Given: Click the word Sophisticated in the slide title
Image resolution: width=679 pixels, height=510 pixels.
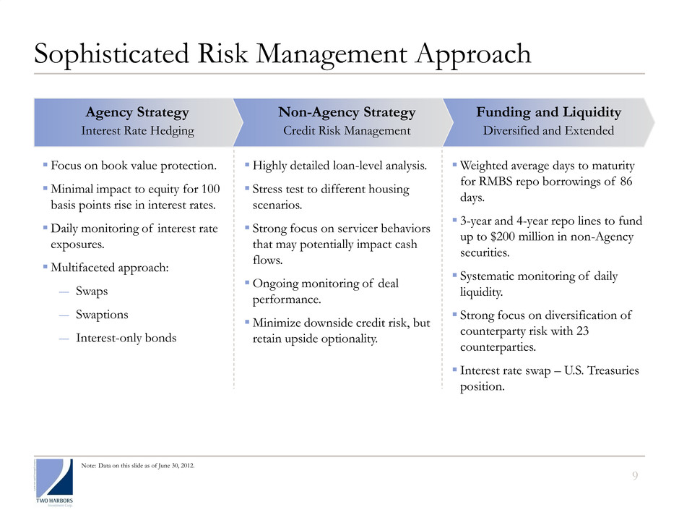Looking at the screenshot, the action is pyautogui.click(x=111, y=55).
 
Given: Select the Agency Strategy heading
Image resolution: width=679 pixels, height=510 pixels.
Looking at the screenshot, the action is pyautogui.click(x=137, y=112).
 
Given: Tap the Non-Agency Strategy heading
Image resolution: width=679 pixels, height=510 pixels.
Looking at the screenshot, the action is pyautogui.click(x=347, y=112).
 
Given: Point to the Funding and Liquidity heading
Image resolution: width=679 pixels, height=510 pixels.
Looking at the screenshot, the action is pyautogui.click(x=549, y=112).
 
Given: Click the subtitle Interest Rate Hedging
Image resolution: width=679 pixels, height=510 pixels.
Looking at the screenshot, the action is pyautogui.click(x=138, y=130).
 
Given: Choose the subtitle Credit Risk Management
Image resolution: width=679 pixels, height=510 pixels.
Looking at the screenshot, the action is pyautogui.click(x=347, y=130).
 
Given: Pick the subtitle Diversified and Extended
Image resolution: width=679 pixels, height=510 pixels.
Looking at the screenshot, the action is pyautogui.click(x=549, y=130).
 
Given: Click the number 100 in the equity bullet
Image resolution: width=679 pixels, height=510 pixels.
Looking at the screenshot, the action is pyautogui.click(x=210, y=189).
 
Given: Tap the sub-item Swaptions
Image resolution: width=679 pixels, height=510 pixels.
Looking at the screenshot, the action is pyautogui.click(x=102, y=315).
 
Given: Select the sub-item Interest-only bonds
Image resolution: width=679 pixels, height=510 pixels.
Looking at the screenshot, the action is pyautogui.click(x=126, y=338).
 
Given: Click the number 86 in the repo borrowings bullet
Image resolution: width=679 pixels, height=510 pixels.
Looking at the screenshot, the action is pyautogui.click(x=626, y=182).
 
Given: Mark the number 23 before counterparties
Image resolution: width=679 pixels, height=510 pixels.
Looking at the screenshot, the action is pyautogui.click(x=582, y=331).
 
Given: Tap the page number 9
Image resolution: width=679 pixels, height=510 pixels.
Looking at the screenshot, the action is pyautogui.click(x=635, y=476).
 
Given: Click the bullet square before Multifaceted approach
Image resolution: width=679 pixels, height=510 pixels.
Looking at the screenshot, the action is pyautogui.click(x=45, y=267).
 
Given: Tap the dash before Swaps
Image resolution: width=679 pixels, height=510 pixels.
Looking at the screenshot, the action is pyautogui.click(x=64, y=292).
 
